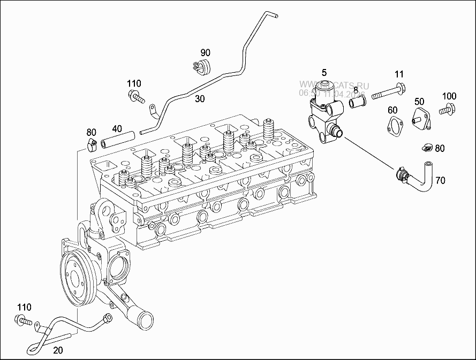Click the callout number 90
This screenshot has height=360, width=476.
click(206, 52)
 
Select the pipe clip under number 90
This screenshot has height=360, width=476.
click(201, 68)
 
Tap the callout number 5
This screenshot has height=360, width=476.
click(324, 72)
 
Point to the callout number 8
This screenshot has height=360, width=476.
click(356, 89)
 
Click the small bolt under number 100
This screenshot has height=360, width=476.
click(448, 111)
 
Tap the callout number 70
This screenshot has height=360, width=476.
click(440, 181)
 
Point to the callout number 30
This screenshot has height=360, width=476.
click(200, 98)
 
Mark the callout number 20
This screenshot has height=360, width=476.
click(58, 350)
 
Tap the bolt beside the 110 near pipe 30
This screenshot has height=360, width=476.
click(137, 97)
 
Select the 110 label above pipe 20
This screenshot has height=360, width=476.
click(24, 307)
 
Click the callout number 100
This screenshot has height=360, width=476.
click(449, 96)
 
